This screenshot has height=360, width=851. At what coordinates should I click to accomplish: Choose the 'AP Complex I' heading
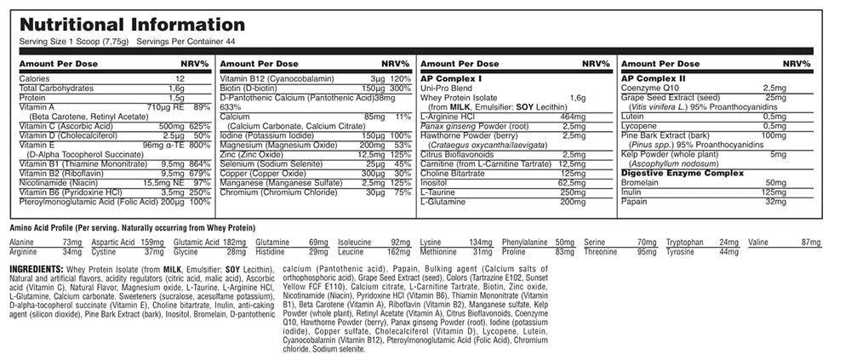(x=450, y=78)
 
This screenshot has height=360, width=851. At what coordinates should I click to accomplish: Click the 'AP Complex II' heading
(x=653, y=78)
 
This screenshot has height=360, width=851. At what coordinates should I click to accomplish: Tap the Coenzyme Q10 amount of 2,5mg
(x=774, y=88)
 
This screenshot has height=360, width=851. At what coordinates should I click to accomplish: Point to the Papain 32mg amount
(x=775, y=201)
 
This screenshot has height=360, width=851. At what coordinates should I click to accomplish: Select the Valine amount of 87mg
(x=810, y=243)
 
